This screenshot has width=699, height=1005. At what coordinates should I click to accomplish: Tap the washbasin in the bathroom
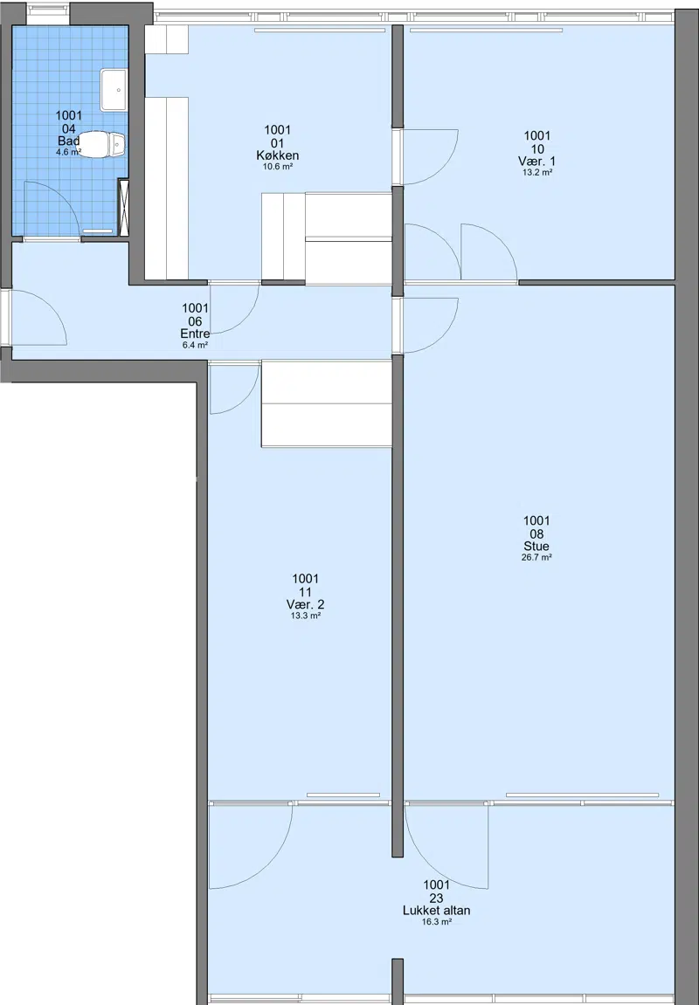click(114, 91)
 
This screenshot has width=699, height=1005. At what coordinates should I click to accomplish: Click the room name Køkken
click(278, 155)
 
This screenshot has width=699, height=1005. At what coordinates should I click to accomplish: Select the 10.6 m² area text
click(278, 167)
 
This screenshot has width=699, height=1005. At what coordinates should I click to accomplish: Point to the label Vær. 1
click(536, 162)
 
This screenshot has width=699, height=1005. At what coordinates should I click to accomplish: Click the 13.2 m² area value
click(537, 172)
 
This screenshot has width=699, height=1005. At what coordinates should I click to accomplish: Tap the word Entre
click(195, 334)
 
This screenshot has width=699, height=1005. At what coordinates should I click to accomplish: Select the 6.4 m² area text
click(195, 345)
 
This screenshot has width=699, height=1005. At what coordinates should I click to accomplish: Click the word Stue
click(536, 547)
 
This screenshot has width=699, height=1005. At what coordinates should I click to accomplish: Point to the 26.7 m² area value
click(536, 558)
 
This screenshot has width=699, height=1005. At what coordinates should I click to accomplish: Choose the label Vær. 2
click(305, 604)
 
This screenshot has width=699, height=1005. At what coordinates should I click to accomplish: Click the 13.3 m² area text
click(305, 616)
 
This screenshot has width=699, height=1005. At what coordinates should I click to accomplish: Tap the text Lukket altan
click(436, 911)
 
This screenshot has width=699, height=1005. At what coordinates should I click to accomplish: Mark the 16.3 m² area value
click(437, 922)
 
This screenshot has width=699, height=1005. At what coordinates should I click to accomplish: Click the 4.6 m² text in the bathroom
click(69, 153)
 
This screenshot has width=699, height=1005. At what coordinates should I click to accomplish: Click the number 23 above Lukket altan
click(437, 898)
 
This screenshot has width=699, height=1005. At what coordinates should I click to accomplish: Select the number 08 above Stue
click(536, 534)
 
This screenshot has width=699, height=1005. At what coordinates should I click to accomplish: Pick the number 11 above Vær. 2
click(305, 592)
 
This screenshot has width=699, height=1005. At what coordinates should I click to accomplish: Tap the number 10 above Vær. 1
click(537, 149)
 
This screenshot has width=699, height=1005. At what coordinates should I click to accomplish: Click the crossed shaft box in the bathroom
click(124, 208)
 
